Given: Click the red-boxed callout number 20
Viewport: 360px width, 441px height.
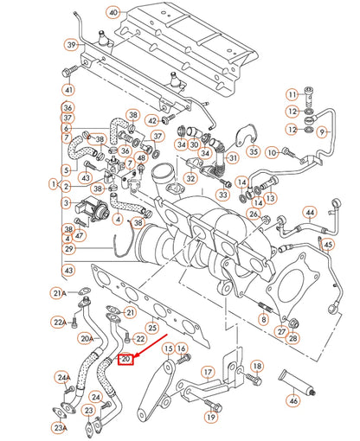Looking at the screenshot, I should pyautogui.click(x=126, y=358).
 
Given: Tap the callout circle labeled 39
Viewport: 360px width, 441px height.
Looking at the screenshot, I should pyautogui.click(x=70, y=43).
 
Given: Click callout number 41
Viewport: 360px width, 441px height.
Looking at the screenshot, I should pyautogui.click(x=68, y=90).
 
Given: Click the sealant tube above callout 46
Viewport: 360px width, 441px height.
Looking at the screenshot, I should pyautogui.click(x=293, y=380).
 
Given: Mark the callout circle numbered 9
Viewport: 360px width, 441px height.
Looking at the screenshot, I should pyautogui.click(x=321, y=132).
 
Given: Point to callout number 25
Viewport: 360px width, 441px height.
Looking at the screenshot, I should pyautogui.click(x=152, y=329).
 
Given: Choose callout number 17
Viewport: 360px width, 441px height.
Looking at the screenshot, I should pyautogui.click(x=208, y=374).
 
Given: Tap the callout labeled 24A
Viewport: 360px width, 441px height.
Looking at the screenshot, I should pyautogui.click(x=62, y=378).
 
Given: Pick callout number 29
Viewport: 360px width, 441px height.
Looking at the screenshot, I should pyautogui.click(x=68, y=249).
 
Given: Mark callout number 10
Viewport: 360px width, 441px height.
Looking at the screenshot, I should pyautogui.click(x=273, y=153).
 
